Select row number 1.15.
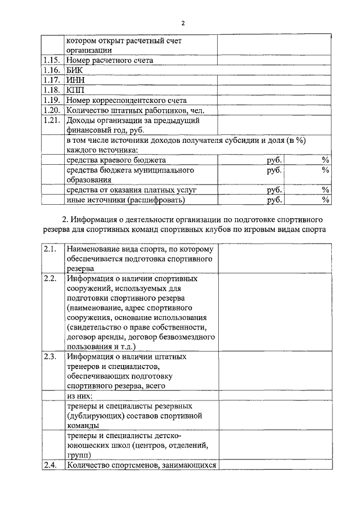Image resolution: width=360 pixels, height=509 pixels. pos(51,60)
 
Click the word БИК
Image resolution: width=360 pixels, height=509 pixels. pos(74,70)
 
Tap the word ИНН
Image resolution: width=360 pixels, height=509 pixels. pos(75,80)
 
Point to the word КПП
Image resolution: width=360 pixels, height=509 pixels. pos(75,90)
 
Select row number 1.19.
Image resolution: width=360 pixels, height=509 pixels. pos(51,100)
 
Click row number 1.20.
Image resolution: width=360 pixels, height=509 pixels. pos(51,110)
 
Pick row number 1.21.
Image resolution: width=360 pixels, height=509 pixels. pos(51,120)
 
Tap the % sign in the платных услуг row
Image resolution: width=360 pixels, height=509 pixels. pos(325,190)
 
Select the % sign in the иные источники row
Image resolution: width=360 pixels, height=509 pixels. pos(325,200)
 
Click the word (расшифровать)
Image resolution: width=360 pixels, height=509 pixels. pos(156,200)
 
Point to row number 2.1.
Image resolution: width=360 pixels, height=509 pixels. pos(49,249)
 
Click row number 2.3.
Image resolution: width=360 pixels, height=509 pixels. pos(49,357)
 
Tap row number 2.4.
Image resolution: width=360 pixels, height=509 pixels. pos(49,465)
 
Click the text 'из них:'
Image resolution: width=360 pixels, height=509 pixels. pos(79,396)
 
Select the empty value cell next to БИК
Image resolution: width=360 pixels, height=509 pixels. pos(274,70)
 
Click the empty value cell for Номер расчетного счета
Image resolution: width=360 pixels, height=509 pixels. pos(274,60)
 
